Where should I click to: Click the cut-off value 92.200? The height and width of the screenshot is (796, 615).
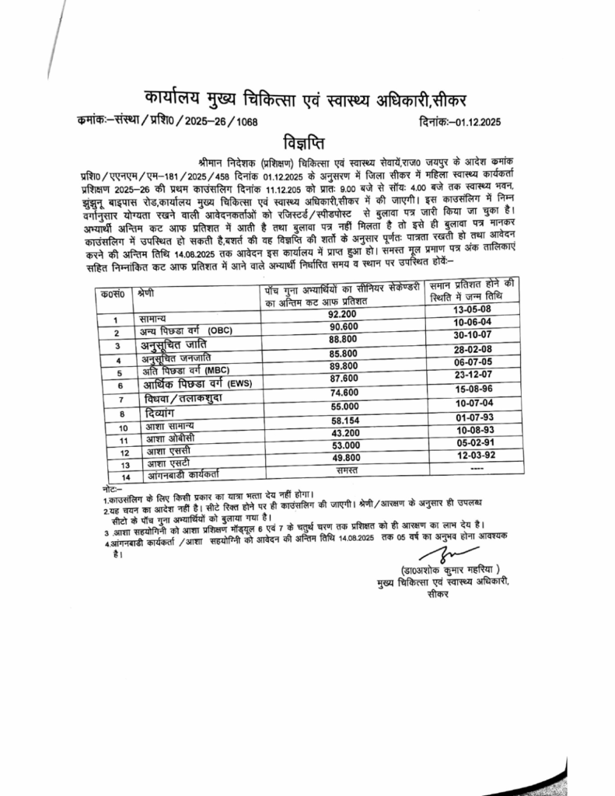[342, 313]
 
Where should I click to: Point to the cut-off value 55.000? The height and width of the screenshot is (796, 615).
[342, 406]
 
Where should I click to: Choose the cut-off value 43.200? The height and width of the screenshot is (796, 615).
[342, 432]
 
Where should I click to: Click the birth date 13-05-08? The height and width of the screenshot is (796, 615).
[473, 309]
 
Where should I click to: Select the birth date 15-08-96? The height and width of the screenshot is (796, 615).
[473, 388]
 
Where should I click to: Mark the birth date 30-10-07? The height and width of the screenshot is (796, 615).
[473, 335]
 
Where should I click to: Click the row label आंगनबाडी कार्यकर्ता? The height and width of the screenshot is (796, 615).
[179, 473]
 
